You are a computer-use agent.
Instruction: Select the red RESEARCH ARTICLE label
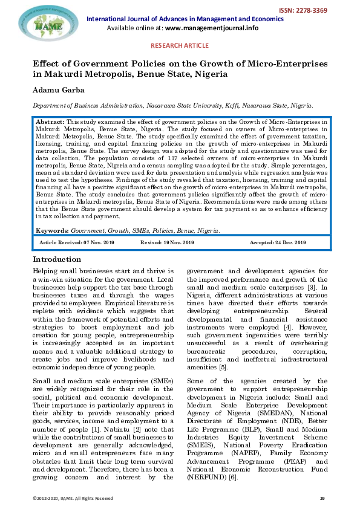[180, 45]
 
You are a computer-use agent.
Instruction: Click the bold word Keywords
[53, 231]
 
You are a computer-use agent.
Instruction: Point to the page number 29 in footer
[322, 498]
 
